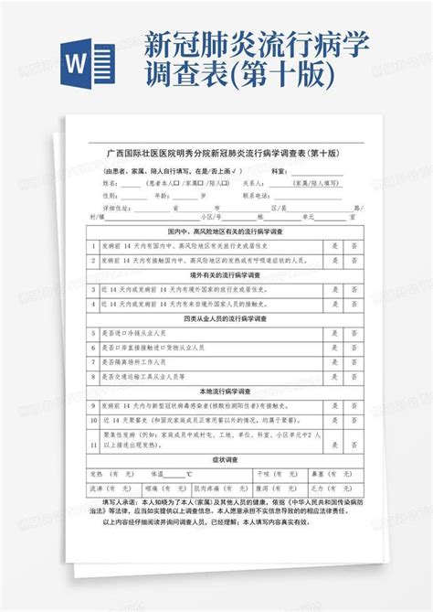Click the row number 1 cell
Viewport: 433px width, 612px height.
tap(94, 245)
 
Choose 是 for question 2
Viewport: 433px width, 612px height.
tap(334, 259)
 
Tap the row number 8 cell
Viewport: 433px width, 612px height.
tap(94, 376)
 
